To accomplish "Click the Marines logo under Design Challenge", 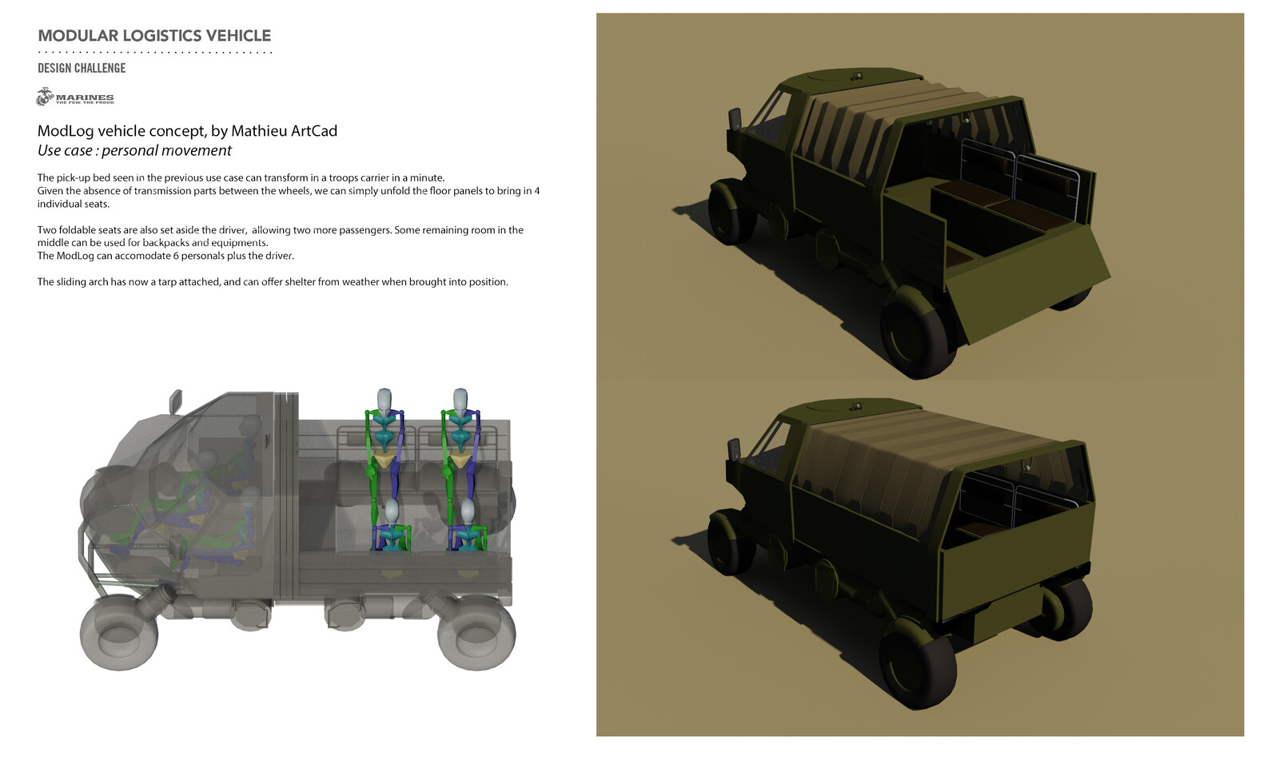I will pyautogui.click(x=74, y=97).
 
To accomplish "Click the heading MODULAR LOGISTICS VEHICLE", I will pyautogui.click(x=154, y=36).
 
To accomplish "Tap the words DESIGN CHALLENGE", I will pyautogui.click(x=82, y=68).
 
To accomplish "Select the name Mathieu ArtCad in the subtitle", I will pyautogui.click(x=284, y=131).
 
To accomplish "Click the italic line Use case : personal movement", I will pyautogui.click(x=134, y=151).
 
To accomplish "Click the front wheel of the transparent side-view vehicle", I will pyautogui.click(x=118, y=635).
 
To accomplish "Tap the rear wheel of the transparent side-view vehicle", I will pyautogui.click(x=476, y=634).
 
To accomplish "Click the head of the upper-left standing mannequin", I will pyautogui.click(x=384, y=399).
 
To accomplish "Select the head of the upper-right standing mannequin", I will pyautogui.click(x=460, y=399).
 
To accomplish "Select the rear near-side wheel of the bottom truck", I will pyautogui.click(x=918, y=663).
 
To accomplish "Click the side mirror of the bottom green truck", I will pyautogui.click(x=734, y=452).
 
